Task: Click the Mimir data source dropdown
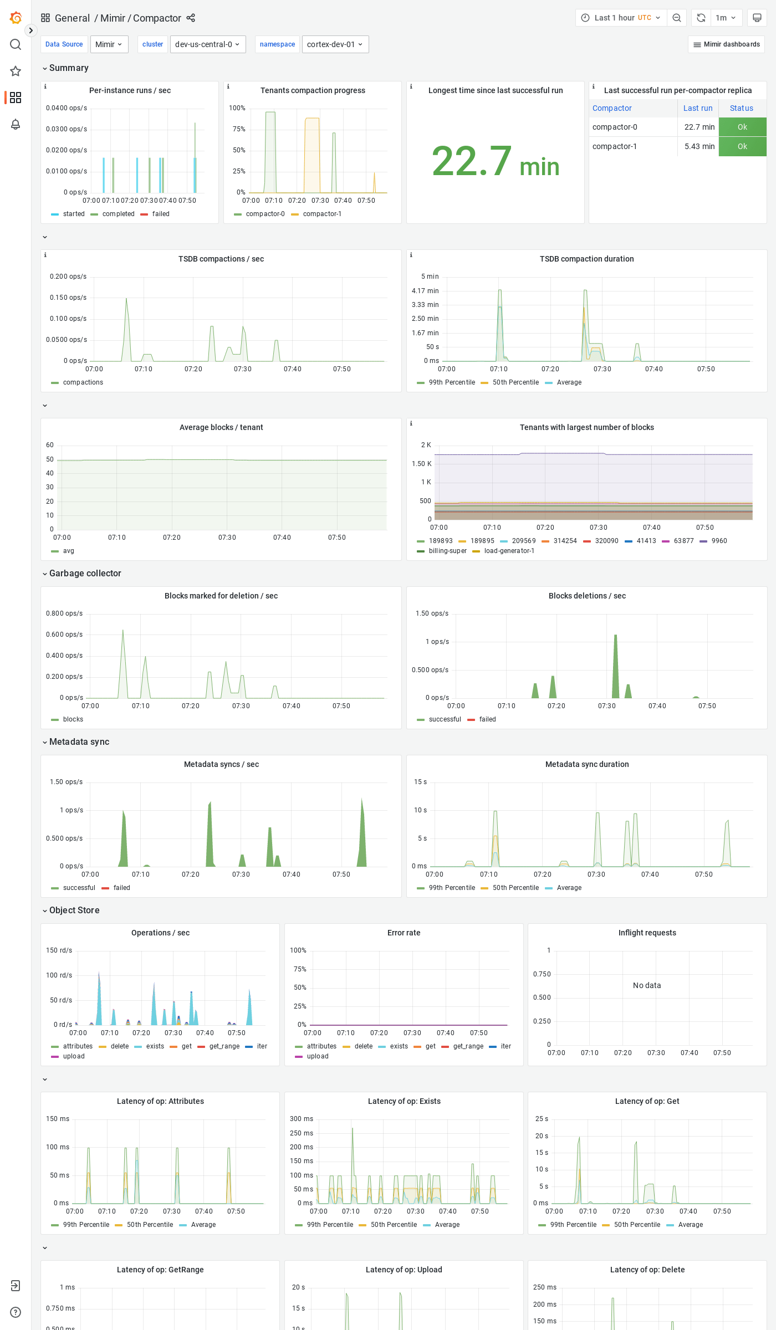(x=109, y=44)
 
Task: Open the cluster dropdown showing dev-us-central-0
(x=207, y=44)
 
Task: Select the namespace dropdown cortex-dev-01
(x=335, y=44)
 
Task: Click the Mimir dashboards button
(x=726, y=44)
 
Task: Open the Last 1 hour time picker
(x=621, y=18)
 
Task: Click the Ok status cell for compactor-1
(x=742, y=146)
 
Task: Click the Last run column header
(x=697, y=108)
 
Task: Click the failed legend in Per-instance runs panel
(x=160, y=214)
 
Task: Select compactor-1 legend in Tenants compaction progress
(x=322, y=214)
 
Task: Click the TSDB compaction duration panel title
(x=586, y=259)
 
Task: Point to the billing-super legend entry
(x=447, y=551)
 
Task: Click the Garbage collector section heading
(x=85, y=573)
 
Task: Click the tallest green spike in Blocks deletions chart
(x=615, y=665)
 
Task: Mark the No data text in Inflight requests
(x=647, y=985)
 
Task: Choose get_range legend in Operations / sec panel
(x=224, y=1046)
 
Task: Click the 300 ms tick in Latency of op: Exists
(x=302, y=1119)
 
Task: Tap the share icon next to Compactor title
(x=191, y=18)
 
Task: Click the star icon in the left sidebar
(x=16, y=71)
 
